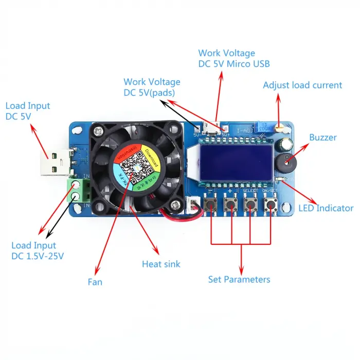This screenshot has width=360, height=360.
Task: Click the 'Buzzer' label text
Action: point(323,137)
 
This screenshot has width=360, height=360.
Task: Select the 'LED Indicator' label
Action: point(326,208)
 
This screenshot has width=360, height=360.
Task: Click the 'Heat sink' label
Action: point(161,264)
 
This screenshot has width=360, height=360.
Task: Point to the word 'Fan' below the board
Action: point(95,282)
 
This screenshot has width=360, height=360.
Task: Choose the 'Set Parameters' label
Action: point(239,279)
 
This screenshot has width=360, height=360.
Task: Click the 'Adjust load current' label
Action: point(302,85)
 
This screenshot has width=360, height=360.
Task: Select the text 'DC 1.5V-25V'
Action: point(38,256)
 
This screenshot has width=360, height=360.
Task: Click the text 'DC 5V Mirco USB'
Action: point(234,64)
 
